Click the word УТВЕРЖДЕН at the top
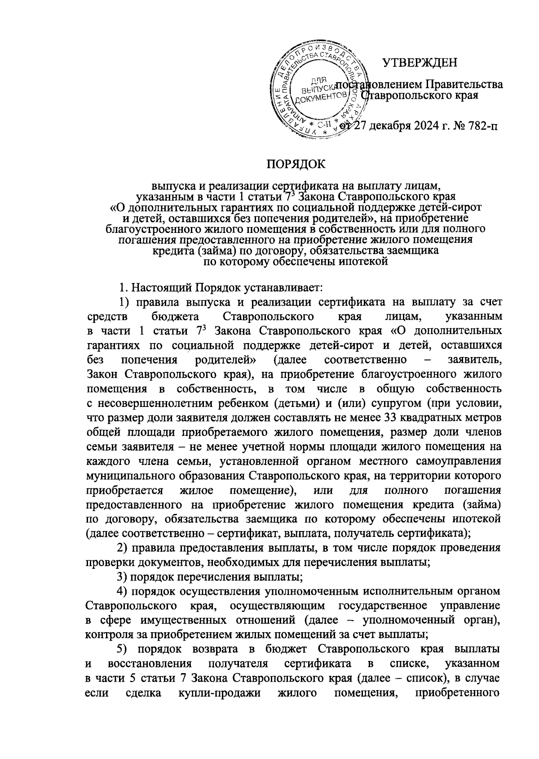tap(420, 62)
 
